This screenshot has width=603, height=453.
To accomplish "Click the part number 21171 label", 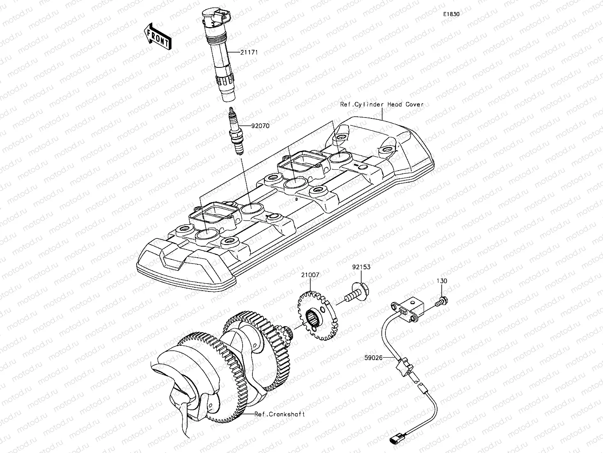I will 250,53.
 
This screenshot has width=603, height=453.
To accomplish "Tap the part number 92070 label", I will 260,126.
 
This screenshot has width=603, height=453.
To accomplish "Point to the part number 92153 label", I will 361,267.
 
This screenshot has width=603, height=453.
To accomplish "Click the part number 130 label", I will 442,281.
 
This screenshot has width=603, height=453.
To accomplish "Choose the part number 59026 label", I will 373,358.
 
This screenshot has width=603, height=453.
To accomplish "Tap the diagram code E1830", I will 451,14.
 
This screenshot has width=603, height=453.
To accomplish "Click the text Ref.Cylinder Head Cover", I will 381,104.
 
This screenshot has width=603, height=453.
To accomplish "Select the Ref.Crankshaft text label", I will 280,414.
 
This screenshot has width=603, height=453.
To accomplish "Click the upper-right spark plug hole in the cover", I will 340,157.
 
